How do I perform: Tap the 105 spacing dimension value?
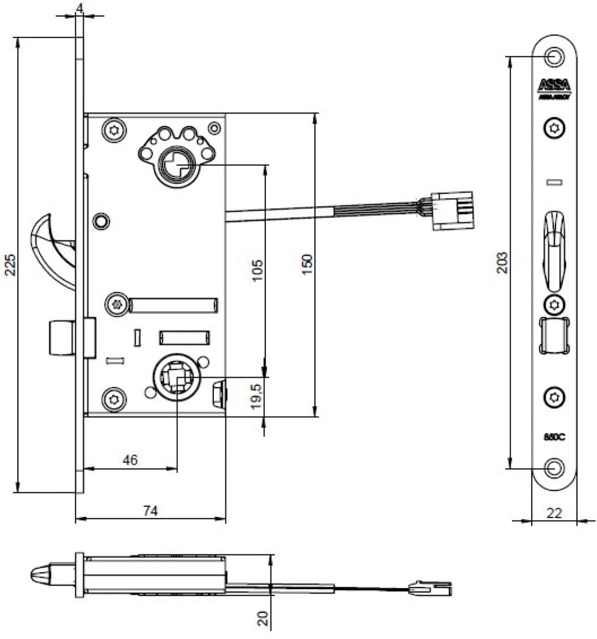click(x=258, y=270)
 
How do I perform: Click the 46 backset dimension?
click(x=130, y=460)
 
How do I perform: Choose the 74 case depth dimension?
click(x=150, y=511)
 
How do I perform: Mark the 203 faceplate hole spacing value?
click(x=501, y=263)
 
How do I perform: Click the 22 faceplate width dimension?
click(x=554, y=513)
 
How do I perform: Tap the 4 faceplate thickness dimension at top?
click(x=80, y=8)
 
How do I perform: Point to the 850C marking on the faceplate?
click(x=554, y=437)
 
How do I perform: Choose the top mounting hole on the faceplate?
click(x=554, y=56)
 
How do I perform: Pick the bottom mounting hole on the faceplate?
click(x=554, y=468)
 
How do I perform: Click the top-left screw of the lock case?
click(x=115, y=130)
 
